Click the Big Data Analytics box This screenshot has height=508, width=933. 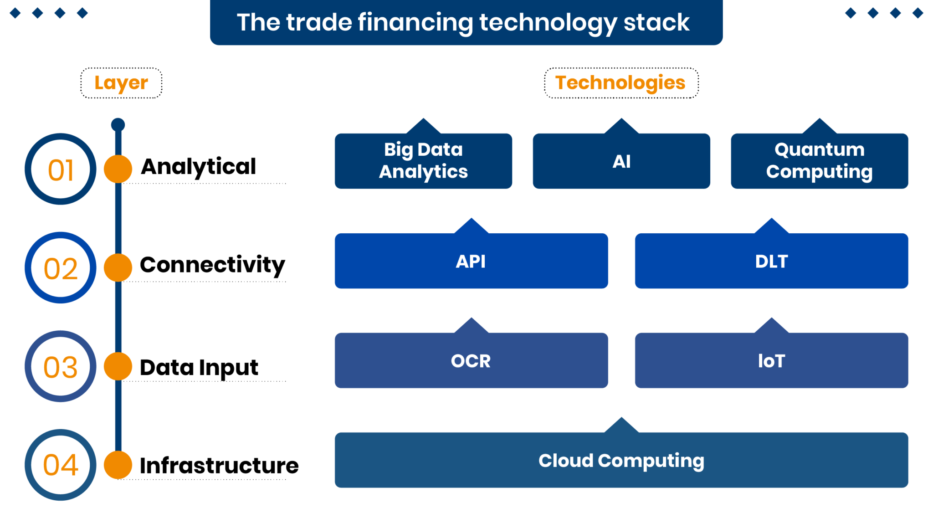(423, 161)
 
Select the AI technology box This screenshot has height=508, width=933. (621, 161)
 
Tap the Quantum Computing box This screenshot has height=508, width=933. (819, 161)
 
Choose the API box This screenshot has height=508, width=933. (471, 261)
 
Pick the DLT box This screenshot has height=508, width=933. (771, 261)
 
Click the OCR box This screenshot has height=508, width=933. (471, 361)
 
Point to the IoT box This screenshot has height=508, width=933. (771, 361)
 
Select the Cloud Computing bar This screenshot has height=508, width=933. (621, 460)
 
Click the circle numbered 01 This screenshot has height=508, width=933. (61, 169)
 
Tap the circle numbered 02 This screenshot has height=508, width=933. (61, 268)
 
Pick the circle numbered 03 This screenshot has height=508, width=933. (61, 366)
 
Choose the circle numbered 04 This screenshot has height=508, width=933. (61, 465)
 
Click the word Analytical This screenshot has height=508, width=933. (199, 167)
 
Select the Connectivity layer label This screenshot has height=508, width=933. (212, 265)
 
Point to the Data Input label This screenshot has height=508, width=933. (199, 367)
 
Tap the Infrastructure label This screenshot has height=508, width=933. (219, 465)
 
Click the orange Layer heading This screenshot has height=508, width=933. (121, 83)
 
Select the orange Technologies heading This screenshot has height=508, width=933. (620, 83)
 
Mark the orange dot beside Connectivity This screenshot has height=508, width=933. (118, 267)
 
